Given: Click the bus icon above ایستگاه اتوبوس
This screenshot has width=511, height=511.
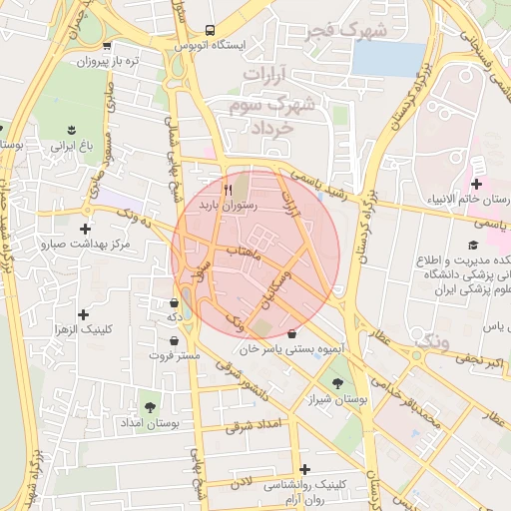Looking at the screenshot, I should point(209,30).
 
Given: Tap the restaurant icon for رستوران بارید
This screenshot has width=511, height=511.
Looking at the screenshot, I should point(229,189).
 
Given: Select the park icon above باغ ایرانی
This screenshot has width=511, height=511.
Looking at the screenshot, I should point(72,130).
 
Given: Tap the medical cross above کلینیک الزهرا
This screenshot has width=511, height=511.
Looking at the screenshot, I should point(96,313).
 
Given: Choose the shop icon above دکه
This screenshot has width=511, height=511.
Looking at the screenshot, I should point(175,302).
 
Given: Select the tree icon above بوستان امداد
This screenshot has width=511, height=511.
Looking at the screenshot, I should point(150,406).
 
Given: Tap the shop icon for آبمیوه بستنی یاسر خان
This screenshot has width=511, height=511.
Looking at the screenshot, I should point(291,334).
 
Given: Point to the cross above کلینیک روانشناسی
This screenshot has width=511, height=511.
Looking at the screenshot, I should point(304,468).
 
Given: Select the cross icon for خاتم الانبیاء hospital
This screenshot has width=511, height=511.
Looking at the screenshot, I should point(476,184).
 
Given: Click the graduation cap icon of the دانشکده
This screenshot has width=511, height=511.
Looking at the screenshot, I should point(473,245).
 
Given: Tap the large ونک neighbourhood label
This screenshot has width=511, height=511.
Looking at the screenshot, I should point(431,342).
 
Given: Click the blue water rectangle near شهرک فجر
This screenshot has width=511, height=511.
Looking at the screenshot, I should point(387,59).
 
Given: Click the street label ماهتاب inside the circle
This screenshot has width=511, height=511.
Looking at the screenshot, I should point(245,255).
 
